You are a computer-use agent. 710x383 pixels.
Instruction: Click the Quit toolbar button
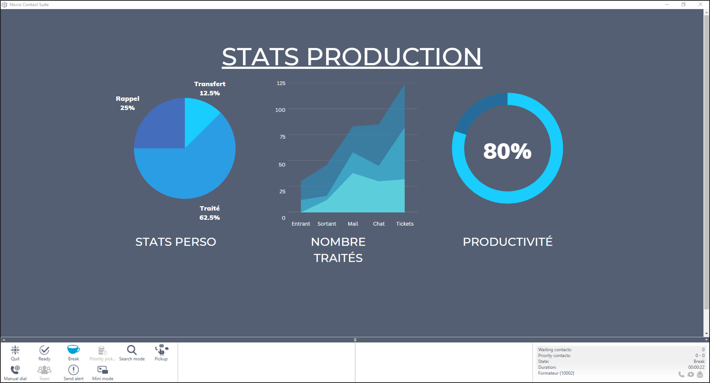point(15,353)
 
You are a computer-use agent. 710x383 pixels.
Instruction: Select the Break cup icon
point(73,349)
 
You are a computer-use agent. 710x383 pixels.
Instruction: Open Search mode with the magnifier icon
point(132,350)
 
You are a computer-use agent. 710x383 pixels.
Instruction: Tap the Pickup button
point(161,353)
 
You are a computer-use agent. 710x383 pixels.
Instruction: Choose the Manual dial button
point(15,373)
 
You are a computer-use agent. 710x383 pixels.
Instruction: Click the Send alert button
point(73,373)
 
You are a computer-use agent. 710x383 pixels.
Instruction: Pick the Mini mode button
point(103,373)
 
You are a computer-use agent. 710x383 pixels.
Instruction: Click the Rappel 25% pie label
point(128,103)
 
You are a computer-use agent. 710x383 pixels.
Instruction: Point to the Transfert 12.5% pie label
point(210,89)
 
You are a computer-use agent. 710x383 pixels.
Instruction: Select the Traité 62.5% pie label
point(210,213)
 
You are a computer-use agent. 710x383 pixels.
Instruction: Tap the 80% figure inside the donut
point(507,151)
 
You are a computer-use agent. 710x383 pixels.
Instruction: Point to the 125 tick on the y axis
point(281,83)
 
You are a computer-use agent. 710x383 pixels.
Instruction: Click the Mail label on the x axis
point(353,224)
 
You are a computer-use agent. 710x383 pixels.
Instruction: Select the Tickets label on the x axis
point(405,224)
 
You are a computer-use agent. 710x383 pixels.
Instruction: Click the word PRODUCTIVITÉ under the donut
point(508,242)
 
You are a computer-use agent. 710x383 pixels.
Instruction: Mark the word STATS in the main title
point(260,57)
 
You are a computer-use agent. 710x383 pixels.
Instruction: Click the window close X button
point(700,4)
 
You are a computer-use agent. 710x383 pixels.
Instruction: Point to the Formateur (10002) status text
point(556,373)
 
